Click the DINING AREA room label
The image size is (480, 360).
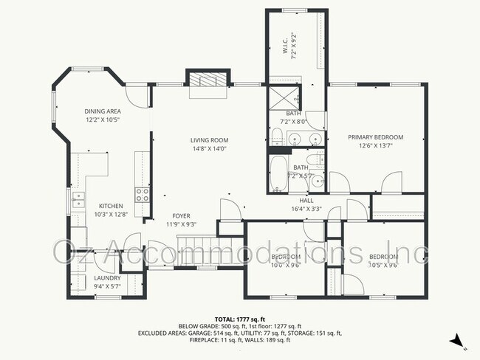tap(102, 111)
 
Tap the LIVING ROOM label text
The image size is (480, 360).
tap(209, 139)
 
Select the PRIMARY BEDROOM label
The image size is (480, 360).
tap(376, 137)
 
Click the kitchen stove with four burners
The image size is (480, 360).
tap(142, 195)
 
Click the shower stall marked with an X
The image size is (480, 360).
tap(284, 97)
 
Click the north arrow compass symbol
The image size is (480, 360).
tap(457, 340)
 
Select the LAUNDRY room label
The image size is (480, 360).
tap(107, 278)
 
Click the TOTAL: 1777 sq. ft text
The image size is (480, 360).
tap(239, 318)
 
